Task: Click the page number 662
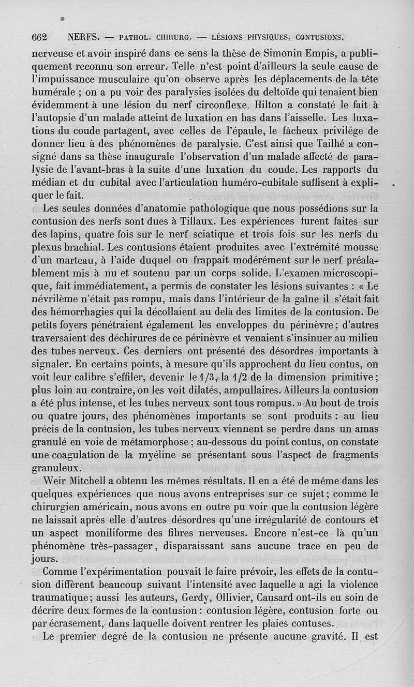39,37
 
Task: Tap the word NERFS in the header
84,37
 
